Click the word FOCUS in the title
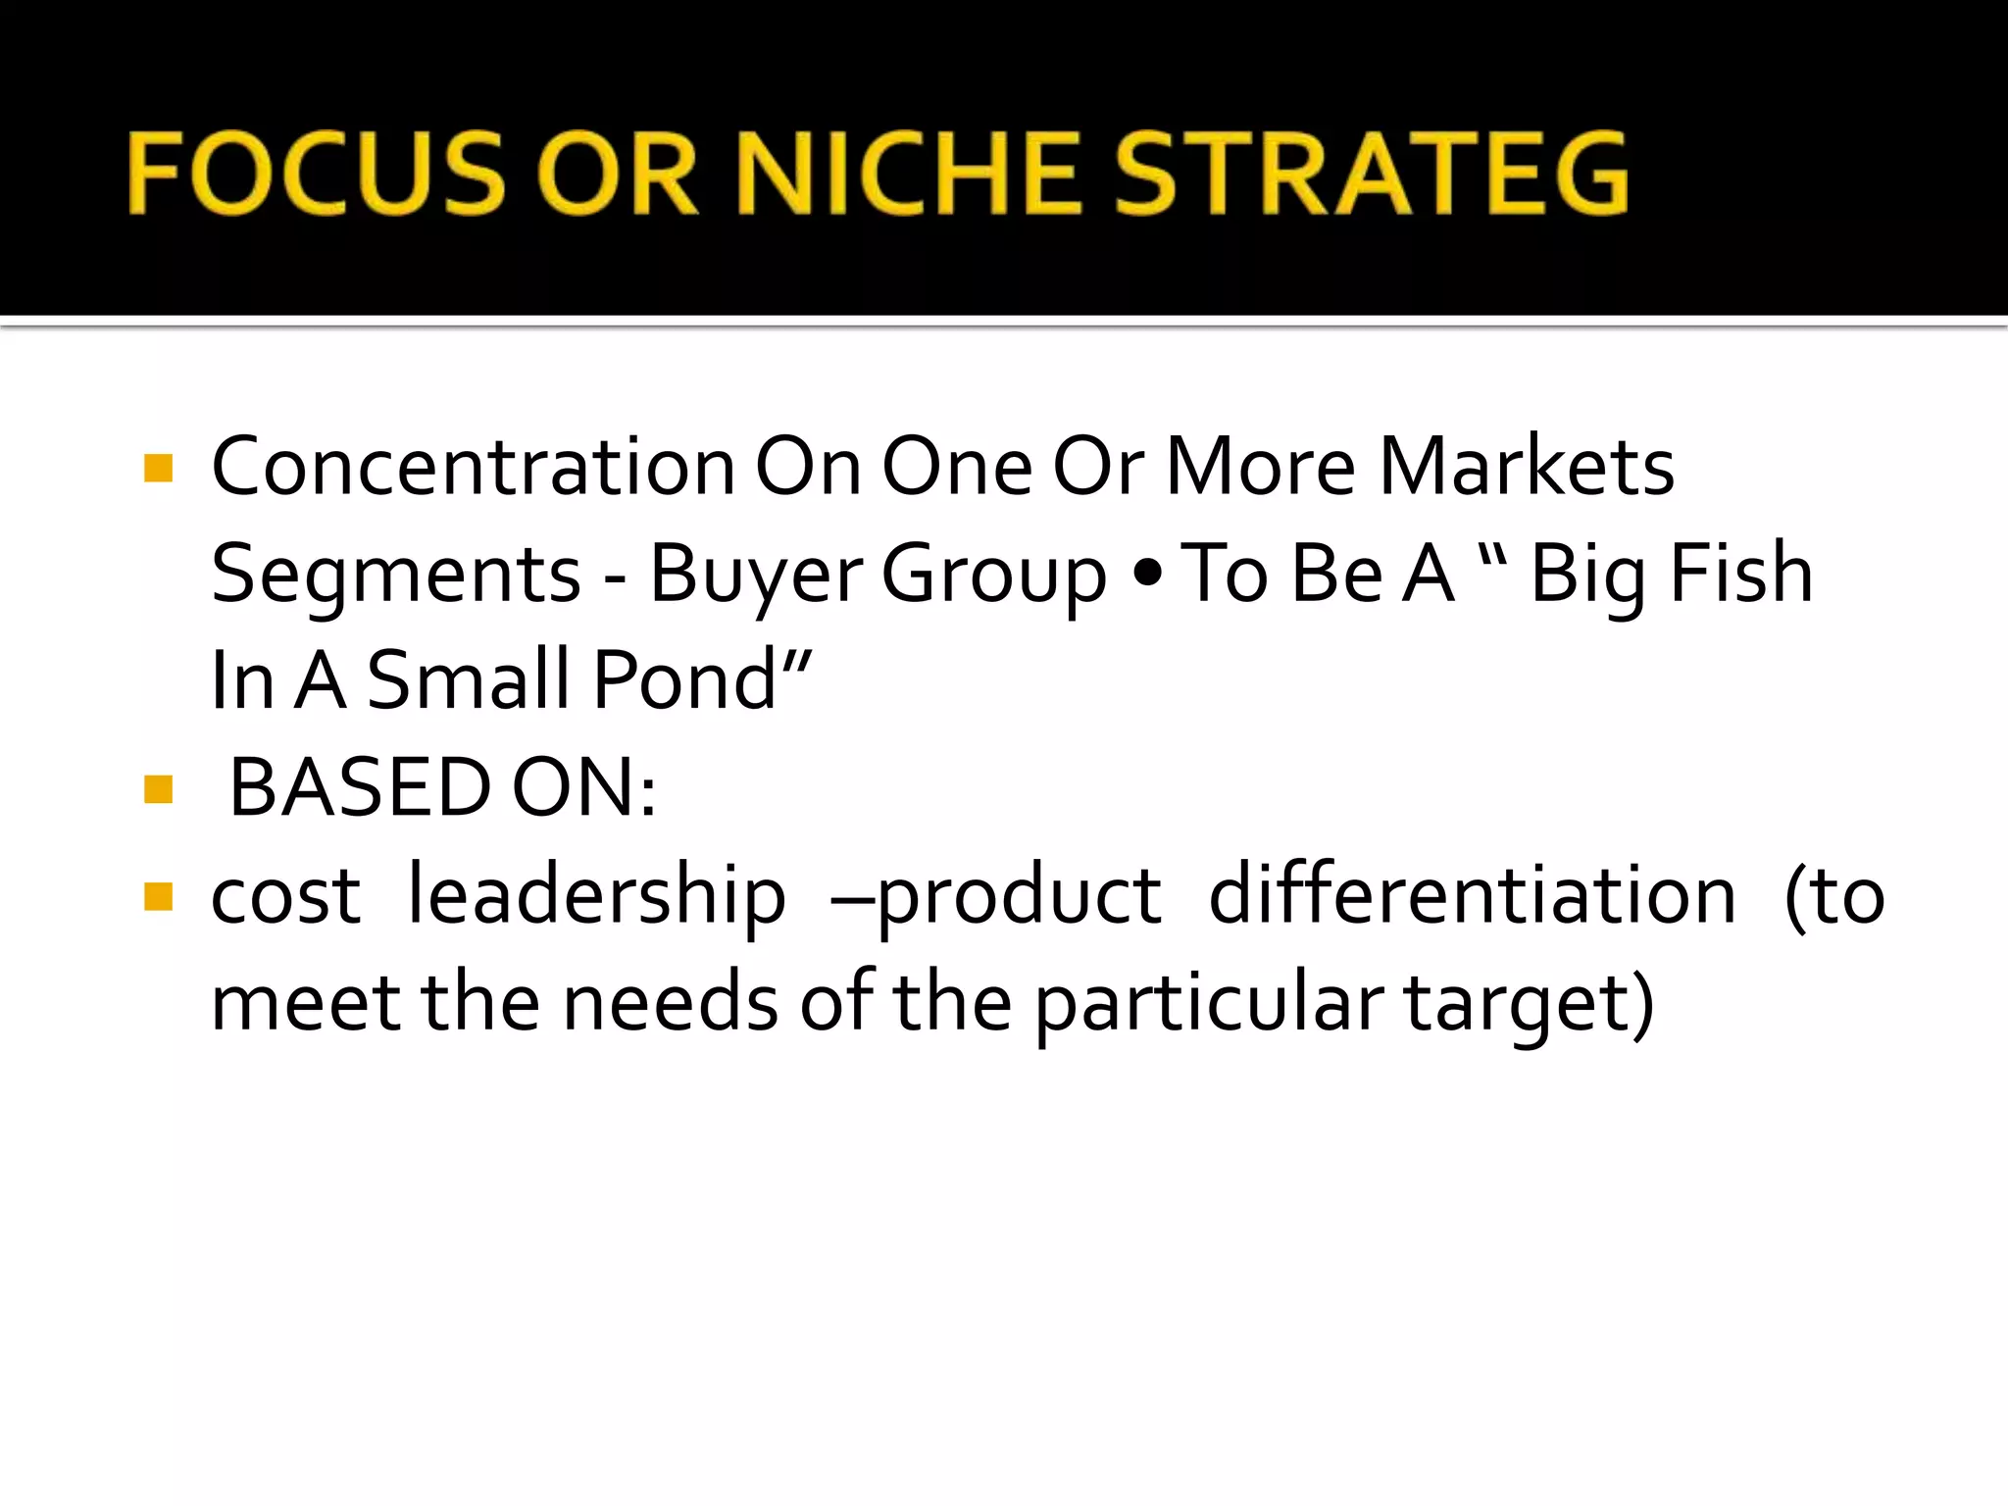point(316,175)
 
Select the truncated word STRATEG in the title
point(1371,175)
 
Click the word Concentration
point(473,467)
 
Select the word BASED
point(359,788)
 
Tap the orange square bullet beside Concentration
point(158,469)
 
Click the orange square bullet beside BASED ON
point(158,789)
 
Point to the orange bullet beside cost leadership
point(158,896)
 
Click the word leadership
point(596,896)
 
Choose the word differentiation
point(1472,896)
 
